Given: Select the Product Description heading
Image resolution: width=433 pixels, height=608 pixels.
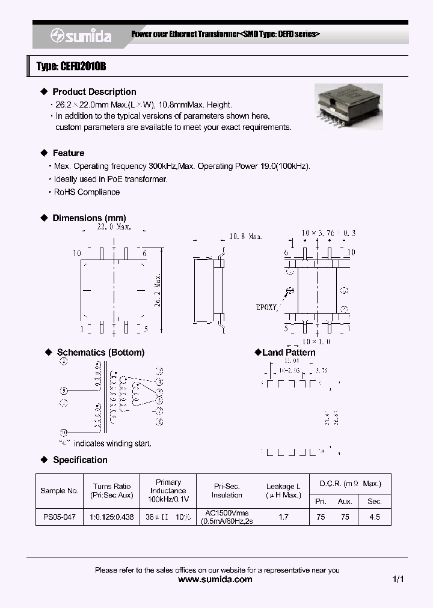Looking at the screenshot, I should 94,92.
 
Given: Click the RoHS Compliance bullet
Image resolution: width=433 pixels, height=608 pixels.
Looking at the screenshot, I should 87,192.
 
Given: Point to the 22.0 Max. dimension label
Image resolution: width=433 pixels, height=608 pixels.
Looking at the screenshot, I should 114,227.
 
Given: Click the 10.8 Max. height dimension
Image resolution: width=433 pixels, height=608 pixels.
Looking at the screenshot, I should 246,237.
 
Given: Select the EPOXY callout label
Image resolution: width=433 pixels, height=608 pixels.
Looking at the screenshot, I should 266,306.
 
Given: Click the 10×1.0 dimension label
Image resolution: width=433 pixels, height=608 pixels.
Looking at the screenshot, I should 316,341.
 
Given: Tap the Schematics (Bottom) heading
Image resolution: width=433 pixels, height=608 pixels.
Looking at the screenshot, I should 100,353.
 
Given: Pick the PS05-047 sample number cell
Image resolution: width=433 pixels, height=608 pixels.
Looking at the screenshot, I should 58,517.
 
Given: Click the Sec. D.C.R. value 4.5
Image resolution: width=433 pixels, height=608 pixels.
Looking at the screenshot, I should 374,517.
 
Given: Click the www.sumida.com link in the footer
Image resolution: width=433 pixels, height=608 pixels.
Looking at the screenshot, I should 216,580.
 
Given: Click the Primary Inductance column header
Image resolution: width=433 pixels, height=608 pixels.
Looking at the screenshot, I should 168,490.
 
